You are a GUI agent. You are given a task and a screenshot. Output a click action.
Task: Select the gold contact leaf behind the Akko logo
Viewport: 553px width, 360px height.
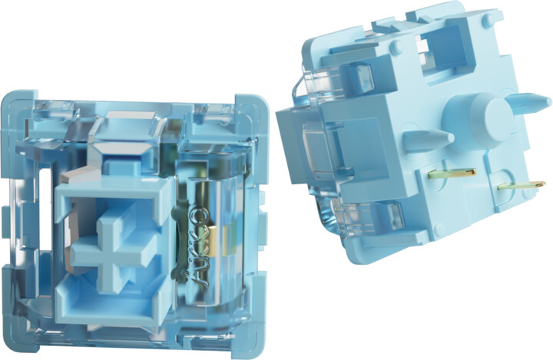[x=214, y=243]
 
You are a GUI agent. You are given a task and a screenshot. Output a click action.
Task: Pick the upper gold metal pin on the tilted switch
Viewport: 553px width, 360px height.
[x=452, y=173]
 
